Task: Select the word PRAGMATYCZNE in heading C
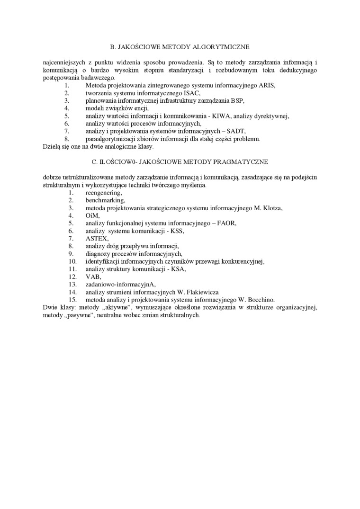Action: [x=242, y=162]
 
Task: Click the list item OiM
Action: [x=92, y=215]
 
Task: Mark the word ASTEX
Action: [x=97, y=238]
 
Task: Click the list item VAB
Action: [x=93, y=277]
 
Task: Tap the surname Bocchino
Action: [x=261, y=299]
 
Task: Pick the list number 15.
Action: [x=72, y=299]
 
